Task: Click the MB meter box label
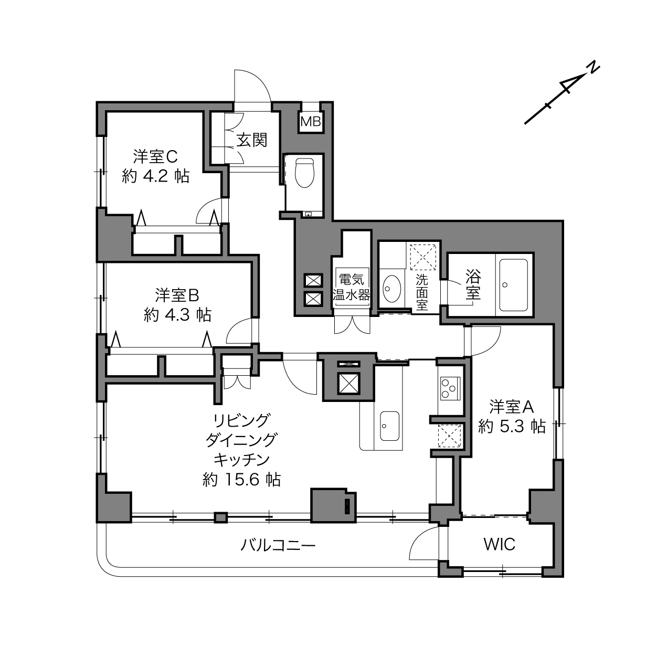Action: (x=311, y=121)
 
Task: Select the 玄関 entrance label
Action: (x=252, y=140)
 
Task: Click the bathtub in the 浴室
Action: (x=513, y=285)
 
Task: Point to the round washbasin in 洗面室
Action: (x=392, y=289)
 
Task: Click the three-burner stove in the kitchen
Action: (x=450, y=388)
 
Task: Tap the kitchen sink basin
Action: (x=389, y=426)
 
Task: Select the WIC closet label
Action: (x=500, y=545)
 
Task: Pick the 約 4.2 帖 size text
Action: (x=156, y=177)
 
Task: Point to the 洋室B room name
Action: (x=177, y=295)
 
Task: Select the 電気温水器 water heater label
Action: (x=351, y=287)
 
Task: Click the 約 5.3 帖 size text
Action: (x=512, y=426)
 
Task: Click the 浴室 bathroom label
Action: (x=473, y=285)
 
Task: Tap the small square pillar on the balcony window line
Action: (x=220, y=517)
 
